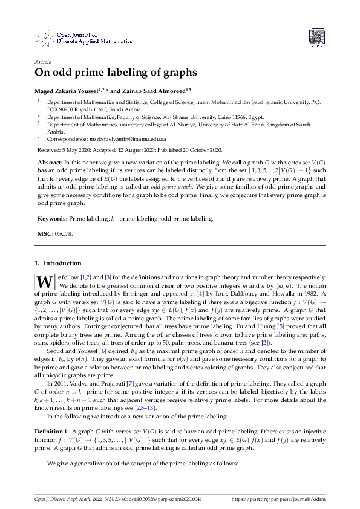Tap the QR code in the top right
tap(318, 37)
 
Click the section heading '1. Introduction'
tap(59, 264)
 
